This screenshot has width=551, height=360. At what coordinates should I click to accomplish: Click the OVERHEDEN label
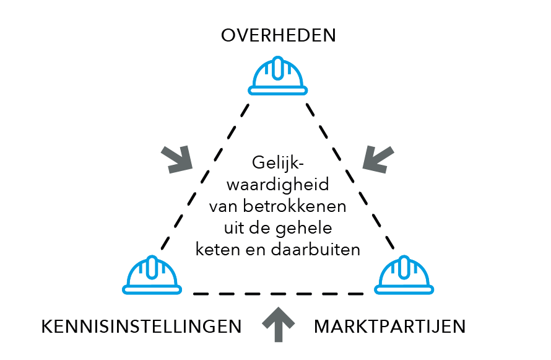pyautogui.click(x=278, y=35)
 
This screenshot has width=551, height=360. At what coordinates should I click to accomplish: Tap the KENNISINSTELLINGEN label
pyautogui.click(x=141, y=327)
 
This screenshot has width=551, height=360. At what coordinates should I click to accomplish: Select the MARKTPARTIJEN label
pyautogui.click(x=389, y=327)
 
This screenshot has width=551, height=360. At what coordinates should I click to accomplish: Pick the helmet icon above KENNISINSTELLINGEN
pyautogui.click(x=152, y=274)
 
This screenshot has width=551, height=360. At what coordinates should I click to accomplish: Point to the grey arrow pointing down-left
pyautogui.click(x=378, y=159)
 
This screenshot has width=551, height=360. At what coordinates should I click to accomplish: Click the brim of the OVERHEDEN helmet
pyautogui.click(x=278, y=91)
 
